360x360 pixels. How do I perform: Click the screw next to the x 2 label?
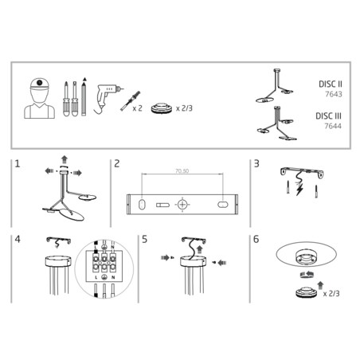125,102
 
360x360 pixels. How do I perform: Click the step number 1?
18,165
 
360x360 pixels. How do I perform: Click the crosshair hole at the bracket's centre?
182,205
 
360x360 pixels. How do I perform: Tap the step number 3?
256,165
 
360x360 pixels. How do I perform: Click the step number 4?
18,239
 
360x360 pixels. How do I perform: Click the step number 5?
144,239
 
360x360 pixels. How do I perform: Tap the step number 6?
256,239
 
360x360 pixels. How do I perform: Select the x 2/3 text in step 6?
335,294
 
